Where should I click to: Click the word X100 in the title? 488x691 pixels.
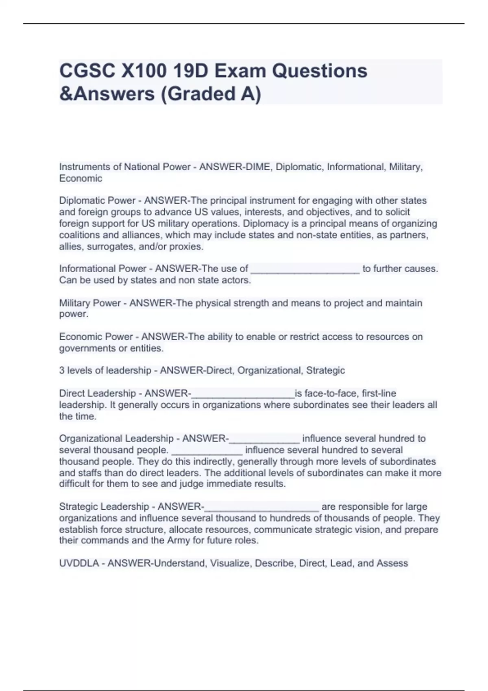coord(144,71)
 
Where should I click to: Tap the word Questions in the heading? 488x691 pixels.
coord(320,71)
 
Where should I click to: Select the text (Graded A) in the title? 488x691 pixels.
coord(211,94)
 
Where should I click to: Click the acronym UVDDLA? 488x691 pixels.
coord(79,563)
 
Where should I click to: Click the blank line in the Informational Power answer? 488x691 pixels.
coord(305,269)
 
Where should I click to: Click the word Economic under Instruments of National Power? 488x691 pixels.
coord(81,178)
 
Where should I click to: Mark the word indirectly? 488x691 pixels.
coord(213,462)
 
